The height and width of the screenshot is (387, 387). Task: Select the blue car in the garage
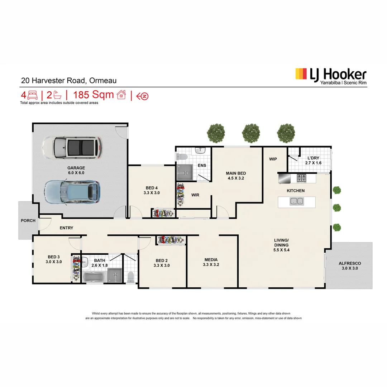coord(72,192)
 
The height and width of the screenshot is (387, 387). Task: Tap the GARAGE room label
coord(76,168)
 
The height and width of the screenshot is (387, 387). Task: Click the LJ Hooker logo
coord(330,76)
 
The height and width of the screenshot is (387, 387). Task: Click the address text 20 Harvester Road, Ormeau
coord(68,81)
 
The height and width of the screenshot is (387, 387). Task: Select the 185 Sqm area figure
coord(94,95)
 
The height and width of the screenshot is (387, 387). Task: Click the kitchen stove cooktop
coord(301,178)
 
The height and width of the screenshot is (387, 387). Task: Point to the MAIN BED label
coord(236,173)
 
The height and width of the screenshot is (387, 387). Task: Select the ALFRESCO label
coord(350,263)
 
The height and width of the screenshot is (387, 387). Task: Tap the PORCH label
coord(28,220)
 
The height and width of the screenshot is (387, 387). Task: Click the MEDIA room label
coord(211,260)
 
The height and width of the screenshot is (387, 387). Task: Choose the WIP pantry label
coord(273,159)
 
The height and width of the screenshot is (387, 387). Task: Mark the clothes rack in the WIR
coord(181,195)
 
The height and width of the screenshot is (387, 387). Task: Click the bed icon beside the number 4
coord(33,95)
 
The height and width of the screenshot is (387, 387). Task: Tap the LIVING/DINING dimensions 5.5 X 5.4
coord(282,250)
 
